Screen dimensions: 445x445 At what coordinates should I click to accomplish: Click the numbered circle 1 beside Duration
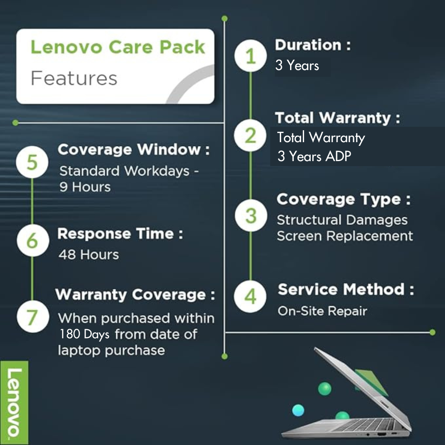251,56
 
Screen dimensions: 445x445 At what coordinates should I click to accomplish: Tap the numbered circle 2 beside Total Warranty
251,136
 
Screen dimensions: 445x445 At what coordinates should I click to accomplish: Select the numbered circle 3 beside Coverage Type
251,215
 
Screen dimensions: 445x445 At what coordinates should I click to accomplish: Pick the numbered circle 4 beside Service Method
251,296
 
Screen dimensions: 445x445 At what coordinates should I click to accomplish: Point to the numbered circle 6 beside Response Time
32,241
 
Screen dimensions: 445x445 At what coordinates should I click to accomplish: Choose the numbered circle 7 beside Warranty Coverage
32,317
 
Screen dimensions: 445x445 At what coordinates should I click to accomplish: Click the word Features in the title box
74,78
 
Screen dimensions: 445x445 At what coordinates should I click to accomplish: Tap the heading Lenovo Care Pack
117,47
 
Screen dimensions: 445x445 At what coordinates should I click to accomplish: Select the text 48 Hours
89,255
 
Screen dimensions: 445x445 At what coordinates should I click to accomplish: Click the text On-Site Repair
322,311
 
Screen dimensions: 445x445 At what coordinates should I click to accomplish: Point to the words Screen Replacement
344,236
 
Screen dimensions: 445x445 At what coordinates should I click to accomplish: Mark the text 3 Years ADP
314,157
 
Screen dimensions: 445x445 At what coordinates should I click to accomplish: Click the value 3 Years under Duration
297,66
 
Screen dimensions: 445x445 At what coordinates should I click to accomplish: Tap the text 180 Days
84,334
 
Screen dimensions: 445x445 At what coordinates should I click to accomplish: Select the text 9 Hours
85,187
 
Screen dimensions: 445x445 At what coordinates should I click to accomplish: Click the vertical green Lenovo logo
14,402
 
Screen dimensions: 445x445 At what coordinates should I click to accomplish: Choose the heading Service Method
346,289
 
